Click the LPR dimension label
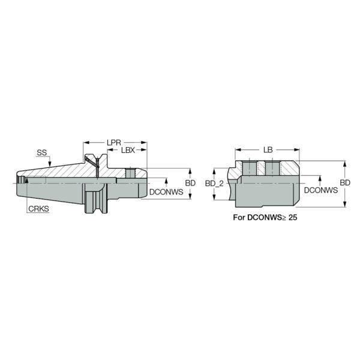[114, 143]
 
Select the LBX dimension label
[128, 150]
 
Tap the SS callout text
[41, 152]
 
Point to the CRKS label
[38, 209]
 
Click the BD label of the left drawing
[190, 183]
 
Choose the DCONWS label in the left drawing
[166, 192]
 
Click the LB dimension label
[268, 150]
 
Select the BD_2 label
[214, 184]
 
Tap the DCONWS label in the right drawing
[321, 190]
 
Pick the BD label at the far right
[345, 183]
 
